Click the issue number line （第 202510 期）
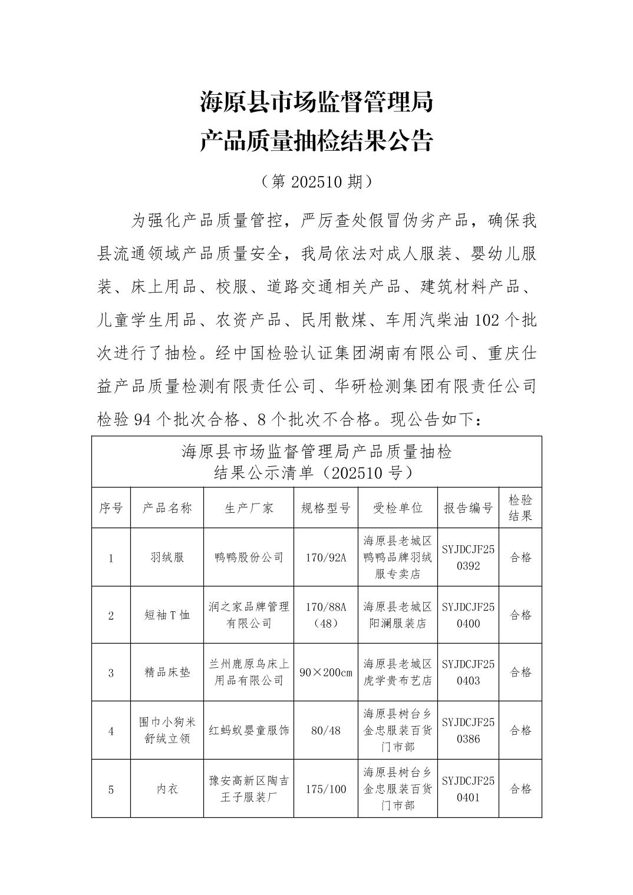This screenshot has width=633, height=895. (316, 182)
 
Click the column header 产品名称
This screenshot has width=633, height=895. (167, 508)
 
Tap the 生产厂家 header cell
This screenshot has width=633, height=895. (249, 508)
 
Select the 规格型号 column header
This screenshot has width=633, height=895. (325, 508)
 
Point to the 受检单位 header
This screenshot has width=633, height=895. (398, 508)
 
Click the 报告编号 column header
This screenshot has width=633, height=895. (468, 508)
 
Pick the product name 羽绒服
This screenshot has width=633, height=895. (167, 557)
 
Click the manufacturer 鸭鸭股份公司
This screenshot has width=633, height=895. (249, 557)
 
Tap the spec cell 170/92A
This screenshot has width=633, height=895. (325, 557)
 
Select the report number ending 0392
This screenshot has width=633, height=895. (468, 558)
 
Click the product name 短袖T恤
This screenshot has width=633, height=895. (167, 615)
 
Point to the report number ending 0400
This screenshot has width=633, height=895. (468, 615)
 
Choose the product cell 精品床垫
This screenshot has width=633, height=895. (167, 672)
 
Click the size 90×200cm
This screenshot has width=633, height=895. (325, 672)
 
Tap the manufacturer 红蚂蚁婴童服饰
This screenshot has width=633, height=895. (249, 731)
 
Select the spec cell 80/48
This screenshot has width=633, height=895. (325, 731)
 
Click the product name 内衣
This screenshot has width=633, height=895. (167, 789)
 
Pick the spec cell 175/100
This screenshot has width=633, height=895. (325, 789)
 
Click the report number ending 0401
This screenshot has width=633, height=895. (468, 789)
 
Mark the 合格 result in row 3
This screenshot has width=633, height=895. (520, 672)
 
